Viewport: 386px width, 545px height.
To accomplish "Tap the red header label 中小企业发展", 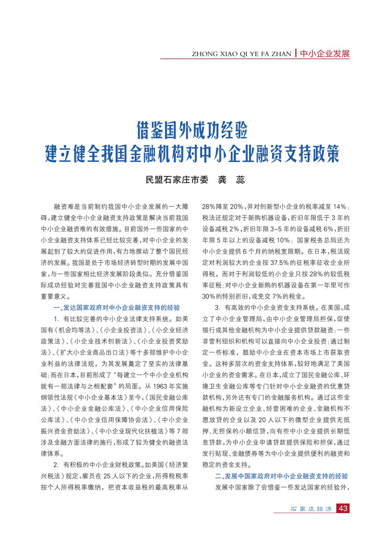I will coord(324,54).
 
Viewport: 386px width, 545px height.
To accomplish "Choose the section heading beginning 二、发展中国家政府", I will coord(281,477).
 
